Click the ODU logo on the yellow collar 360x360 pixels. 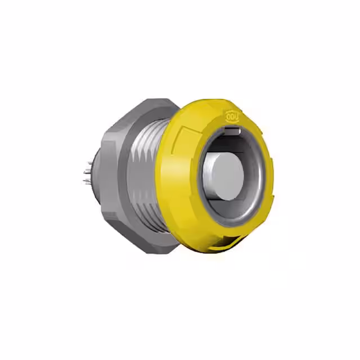(232, 116)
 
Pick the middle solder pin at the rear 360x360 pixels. (87, 173)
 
